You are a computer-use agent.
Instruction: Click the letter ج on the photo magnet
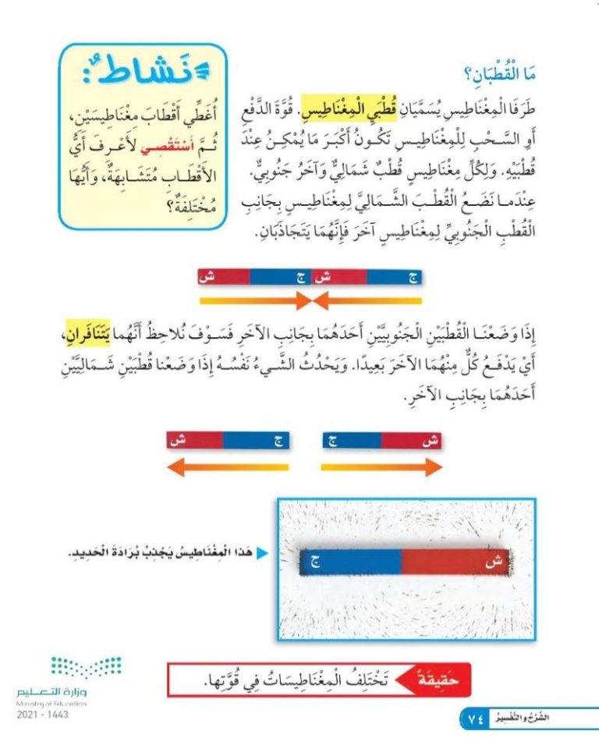(x=314, y=561)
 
